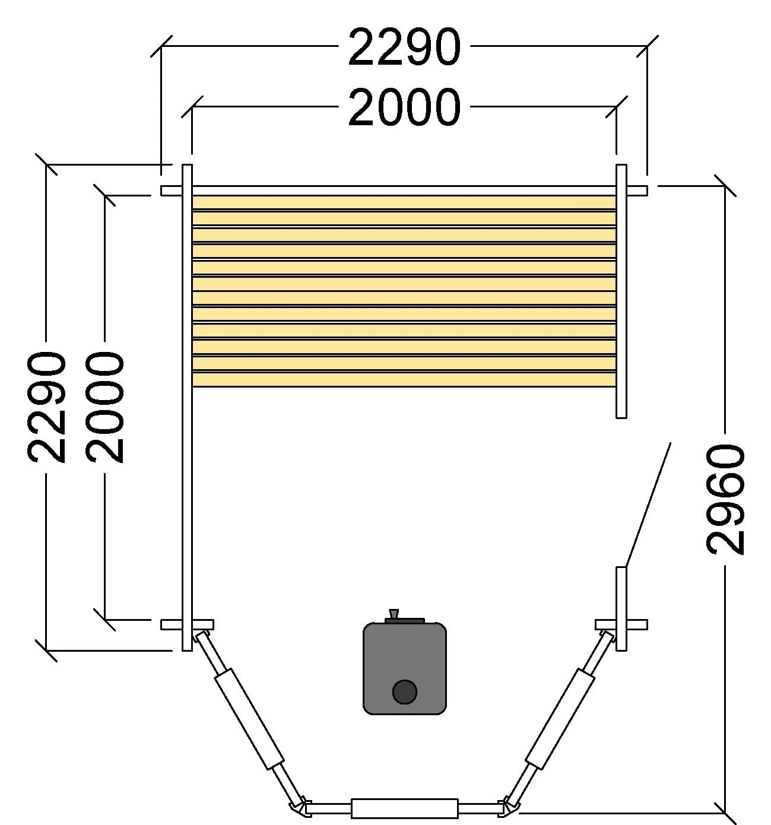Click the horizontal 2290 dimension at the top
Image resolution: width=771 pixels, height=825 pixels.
(x=404, y=46)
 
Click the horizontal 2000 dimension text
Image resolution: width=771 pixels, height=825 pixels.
(x=404, y=107)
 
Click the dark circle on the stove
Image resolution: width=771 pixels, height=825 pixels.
(x=405, y=692)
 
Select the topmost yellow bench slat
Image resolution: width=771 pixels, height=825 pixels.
(x=404, y=202)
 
